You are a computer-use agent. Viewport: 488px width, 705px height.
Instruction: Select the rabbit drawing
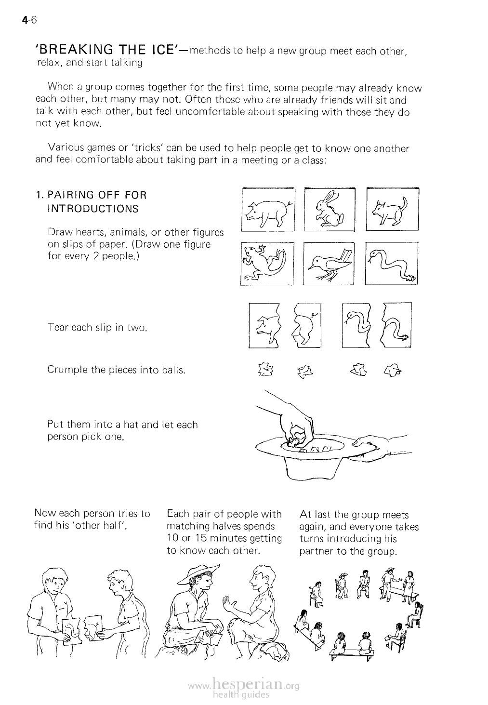[329, 210]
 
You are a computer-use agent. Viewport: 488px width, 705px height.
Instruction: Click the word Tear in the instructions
[58, 327]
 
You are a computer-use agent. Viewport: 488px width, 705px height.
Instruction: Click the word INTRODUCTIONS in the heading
[93, 209]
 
